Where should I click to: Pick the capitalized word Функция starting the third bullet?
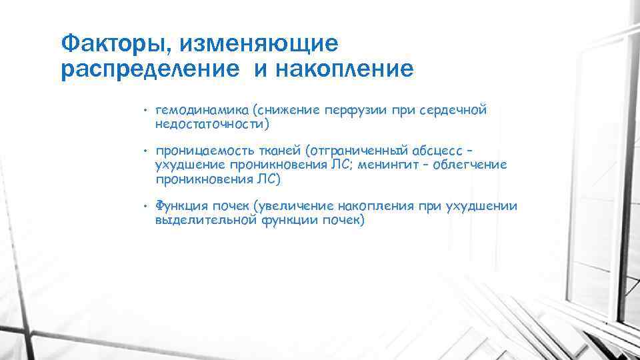tap(179, 207)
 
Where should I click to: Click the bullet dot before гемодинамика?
tap(144, 111)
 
